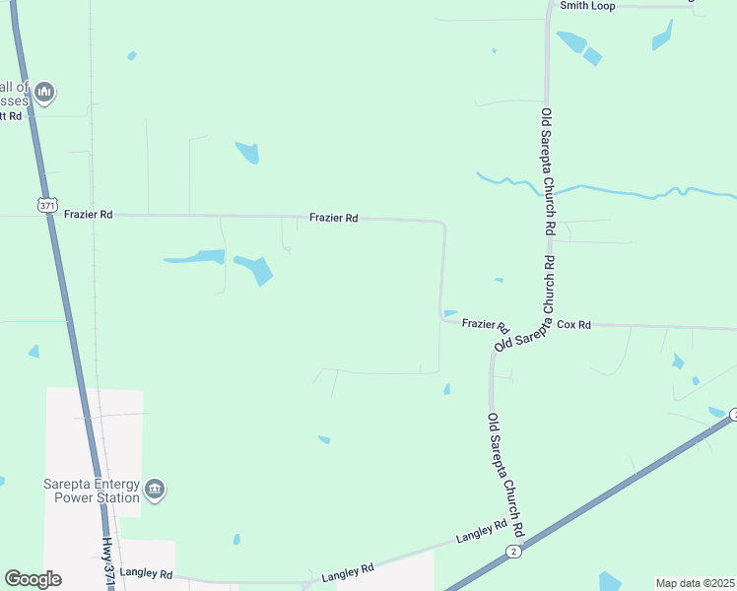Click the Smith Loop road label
coord(587,6)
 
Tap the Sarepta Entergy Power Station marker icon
coord(155,489)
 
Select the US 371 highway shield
coord(46,205)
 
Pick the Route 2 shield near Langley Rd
coord(513,552)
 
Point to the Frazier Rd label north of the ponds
coord(333,219)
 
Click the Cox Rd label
coord(573,324)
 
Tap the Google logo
coord(33,578)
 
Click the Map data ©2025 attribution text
coord(695,583)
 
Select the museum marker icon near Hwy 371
coord(43,94)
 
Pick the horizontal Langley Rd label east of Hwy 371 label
coord(348,570)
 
